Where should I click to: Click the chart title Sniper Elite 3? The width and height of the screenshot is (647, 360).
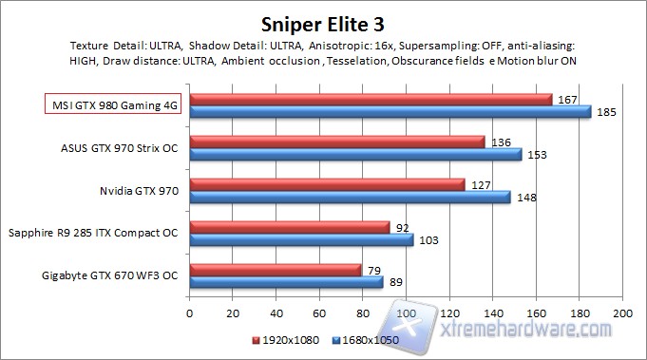coord(323,21)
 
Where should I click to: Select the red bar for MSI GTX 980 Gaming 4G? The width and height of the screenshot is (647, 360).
coord(371,100)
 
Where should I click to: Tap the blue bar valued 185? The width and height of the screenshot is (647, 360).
coord(390,112)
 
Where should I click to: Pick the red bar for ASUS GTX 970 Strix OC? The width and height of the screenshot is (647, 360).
coord(337,142)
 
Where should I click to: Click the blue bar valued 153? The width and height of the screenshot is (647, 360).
coord(355,154)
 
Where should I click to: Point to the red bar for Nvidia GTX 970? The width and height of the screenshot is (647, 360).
coord(328,185)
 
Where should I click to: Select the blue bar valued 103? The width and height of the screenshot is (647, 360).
coord(301,240)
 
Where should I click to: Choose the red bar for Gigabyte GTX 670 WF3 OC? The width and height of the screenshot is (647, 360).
coord(276,271)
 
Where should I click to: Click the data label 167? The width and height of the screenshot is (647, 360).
coord(568,100)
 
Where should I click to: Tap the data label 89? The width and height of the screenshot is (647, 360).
coord(396,282)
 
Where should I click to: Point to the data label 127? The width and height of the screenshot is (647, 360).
coord(480,185)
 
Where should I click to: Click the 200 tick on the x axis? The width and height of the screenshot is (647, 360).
coord(622,313)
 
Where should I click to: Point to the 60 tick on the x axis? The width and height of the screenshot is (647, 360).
coord(319,313)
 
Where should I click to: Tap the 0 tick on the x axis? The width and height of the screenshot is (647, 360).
coord(190,313)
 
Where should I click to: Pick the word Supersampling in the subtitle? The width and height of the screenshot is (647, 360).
coord(432,45)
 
